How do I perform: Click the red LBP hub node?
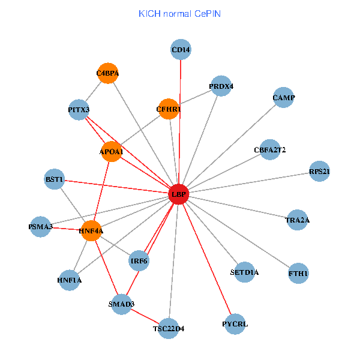(179, 194)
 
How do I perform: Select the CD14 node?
(181, 50)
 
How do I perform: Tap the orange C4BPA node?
(108, 74)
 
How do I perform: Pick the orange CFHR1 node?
(169, 109)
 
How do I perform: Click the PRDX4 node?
(221, 86)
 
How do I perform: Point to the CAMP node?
(283, 97)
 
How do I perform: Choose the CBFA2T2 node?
(270, 149)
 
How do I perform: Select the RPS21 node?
(319, 172)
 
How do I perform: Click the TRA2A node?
(298, 220)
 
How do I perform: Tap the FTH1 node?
(298, 274)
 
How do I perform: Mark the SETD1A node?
(244, 272)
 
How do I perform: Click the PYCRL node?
(235, 325)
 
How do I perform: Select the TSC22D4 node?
(169, 328)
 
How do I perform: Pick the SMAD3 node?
(122, 304)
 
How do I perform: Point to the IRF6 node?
(139, 260)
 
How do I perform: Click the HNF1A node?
(70, 280)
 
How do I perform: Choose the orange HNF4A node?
(91, 230)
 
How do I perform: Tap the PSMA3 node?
(41, 227)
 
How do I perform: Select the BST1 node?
(55, 179)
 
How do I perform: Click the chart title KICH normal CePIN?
(179, 13)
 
